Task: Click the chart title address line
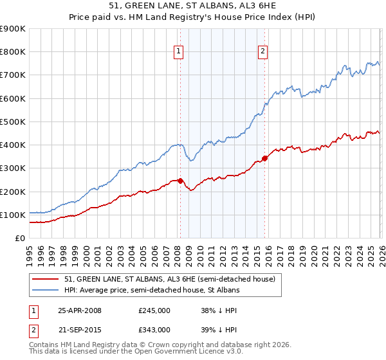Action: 192,6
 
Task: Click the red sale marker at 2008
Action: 180,181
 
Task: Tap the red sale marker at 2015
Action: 264,158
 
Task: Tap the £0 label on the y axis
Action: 19,238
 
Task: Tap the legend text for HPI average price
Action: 152,291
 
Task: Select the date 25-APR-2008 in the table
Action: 80,310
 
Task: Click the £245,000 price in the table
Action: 154,310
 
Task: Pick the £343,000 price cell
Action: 154,329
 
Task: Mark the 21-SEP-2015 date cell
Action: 80,329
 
